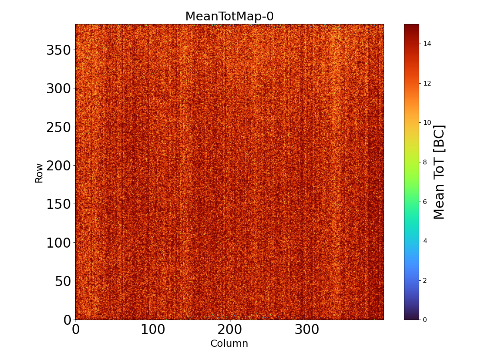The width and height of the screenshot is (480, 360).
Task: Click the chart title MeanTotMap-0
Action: pos(229,16)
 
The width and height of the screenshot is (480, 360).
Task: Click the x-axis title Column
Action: pos(229,343)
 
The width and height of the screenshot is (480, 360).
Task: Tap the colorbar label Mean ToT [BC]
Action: pos(439,172)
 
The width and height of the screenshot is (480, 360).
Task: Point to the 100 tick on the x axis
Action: pos(152,330)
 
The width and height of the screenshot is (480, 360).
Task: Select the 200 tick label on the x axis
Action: pos(230,330)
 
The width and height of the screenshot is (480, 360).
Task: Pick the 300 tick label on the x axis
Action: pos(307,330)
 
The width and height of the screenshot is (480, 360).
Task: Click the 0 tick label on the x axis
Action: pos(76,330)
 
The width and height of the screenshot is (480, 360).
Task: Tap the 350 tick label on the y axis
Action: pos(59,50)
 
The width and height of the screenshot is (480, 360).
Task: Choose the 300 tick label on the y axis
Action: pos(59,89)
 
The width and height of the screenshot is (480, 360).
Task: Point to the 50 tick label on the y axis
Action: pos(64,281)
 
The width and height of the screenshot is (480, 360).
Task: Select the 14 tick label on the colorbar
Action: pos(427,44)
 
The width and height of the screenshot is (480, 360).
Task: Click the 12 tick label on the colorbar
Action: pos(427,83)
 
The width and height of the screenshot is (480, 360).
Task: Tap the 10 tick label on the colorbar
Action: pos(427,122)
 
